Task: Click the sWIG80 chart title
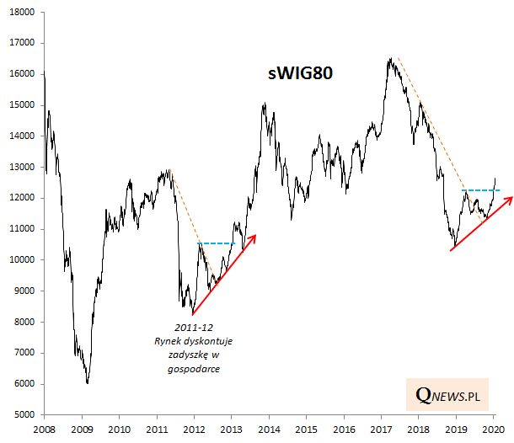tap(301, 73)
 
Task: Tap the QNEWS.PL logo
tap(456, 392)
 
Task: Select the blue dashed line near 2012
tap(217, 243)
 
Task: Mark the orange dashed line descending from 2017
tap(430, 122)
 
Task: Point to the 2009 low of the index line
tap(87, 383)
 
